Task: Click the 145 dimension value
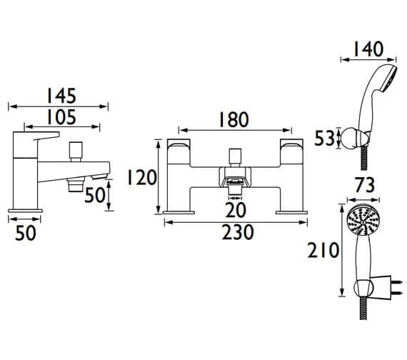coord(61,96)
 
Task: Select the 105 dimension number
coord(61,117)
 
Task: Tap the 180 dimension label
coord(234,120)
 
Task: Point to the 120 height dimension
coord(141,177)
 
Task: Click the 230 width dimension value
coord(238,232)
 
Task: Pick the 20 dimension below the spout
coord(236,210)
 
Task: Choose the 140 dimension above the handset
coord(368,49)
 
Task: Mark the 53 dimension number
coord(324,138)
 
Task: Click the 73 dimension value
coord(364,185)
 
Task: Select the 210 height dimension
coord(323,250)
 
